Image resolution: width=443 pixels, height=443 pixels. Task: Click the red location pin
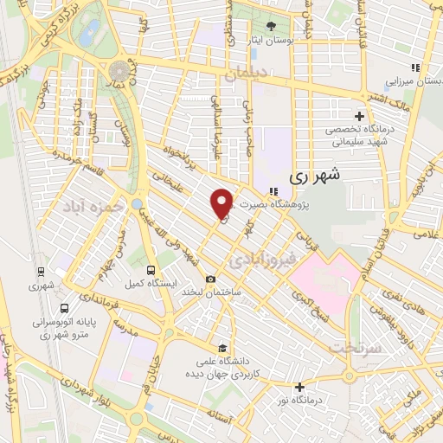(222, 202)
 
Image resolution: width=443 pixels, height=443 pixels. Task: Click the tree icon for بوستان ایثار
(272, 26)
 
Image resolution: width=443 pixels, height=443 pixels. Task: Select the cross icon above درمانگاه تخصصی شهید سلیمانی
(359, 116)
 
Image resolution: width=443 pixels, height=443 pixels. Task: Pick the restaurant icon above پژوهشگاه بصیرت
(273, 191)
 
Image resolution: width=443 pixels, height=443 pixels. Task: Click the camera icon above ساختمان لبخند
(211, 279)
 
